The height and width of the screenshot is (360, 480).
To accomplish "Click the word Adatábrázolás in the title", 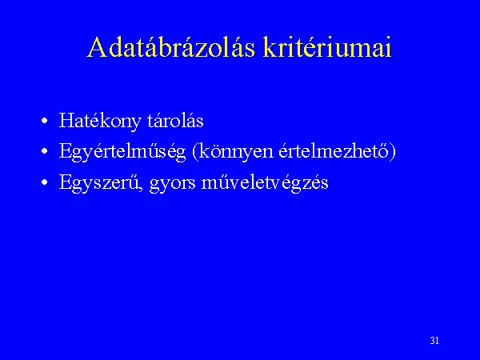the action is tap(171, 47).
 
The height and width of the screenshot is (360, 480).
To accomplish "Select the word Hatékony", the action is tap(100, 122).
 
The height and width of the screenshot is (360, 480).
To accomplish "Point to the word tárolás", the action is tap(175, 120).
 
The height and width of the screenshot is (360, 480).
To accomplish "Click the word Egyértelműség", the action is tap(122, 152).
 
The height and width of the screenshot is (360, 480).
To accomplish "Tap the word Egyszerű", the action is tap(100, 183).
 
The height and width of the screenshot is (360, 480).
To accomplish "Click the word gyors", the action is tap(172, 185).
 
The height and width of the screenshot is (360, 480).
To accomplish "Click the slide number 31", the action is tap(434, 341).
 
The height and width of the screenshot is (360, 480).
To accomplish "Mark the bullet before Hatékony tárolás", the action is tap(45, 121).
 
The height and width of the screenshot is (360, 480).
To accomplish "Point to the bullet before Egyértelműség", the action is tap(45, 151).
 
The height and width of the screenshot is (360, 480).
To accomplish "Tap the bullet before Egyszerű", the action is tap(45, 182).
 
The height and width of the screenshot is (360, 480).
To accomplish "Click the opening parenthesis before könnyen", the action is tap(195, 152).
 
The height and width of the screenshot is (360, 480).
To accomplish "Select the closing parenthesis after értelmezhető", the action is tap(393, 152).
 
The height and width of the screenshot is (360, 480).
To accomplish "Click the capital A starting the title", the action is tap(96, 47).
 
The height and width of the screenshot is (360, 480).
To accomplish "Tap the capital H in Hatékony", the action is tap(66, 120).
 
